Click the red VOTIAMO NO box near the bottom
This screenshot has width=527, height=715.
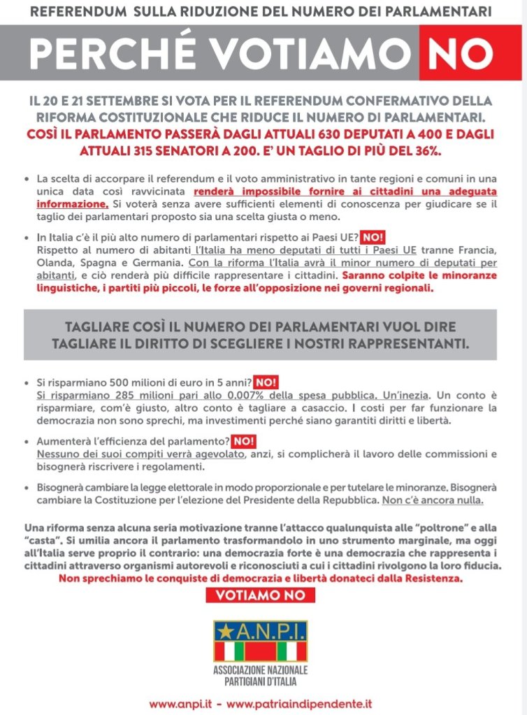[x=261, y=595]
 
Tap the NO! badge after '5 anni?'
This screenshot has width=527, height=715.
[x=266, y=382]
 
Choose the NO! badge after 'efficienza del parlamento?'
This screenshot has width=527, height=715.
[x=243, y=442]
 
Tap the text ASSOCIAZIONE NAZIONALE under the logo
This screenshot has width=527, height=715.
[x=261, y=670]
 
